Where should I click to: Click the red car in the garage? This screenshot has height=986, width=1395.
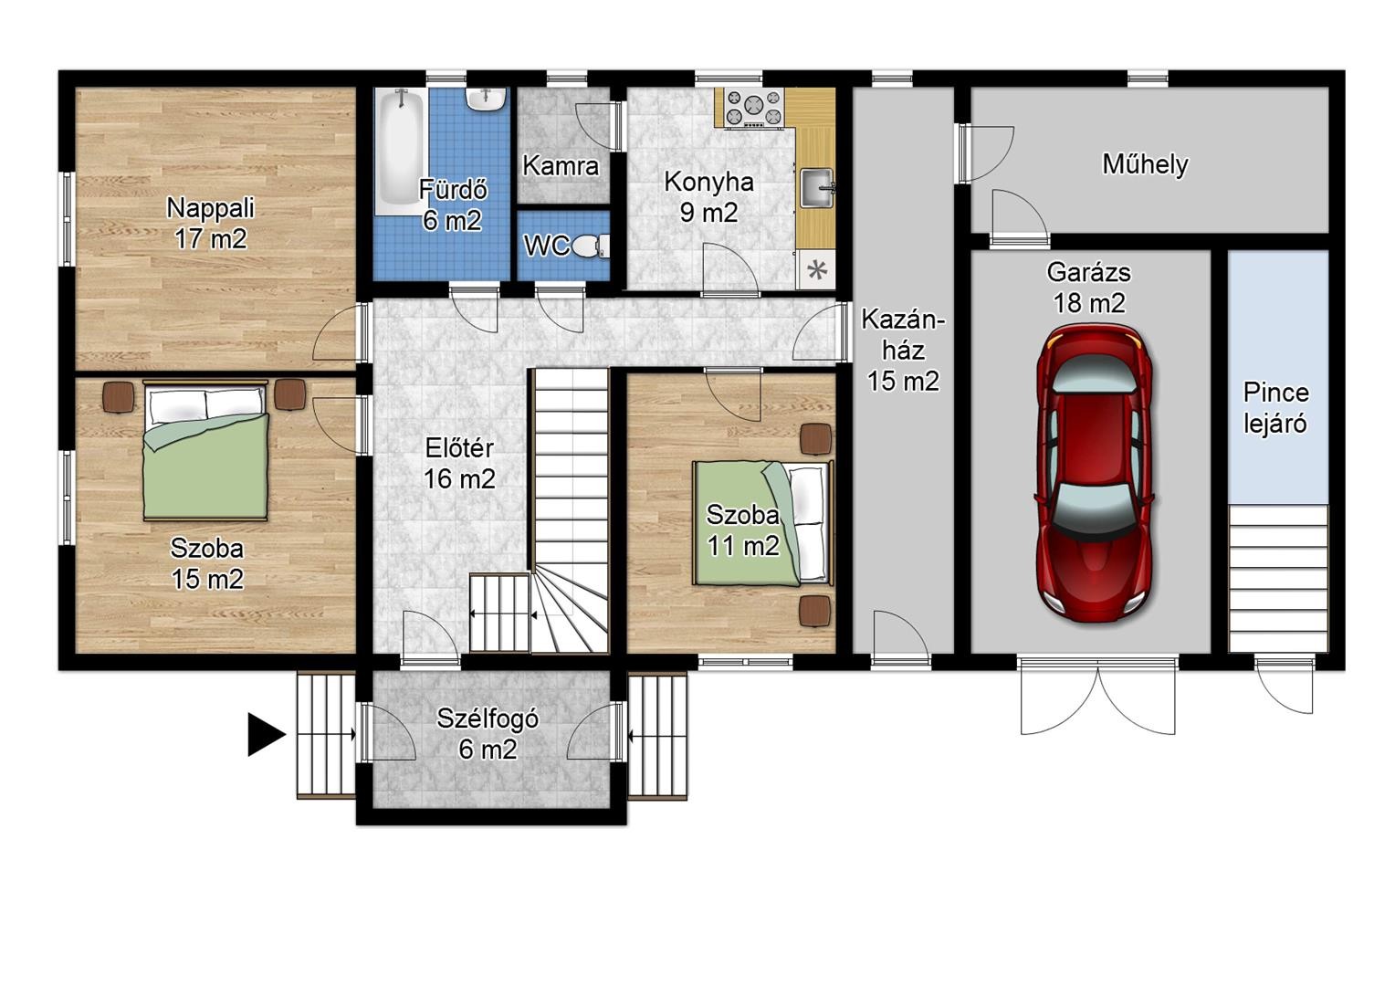click(x=1095, y=474)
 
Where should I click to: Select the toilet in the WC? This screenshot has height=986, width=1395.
click(x=590, y=246)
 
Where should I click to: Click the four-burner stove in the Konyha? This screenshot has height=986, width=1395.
click(x=754, y=108)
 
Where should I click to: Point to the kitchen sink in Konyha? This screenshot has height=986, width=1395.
click(x=817, y=187)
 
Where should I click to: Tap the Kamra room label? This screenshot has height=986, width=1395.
click(x=561, y=165)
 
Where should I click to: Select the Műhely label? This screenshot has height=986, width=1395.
click(x=1145, y=164)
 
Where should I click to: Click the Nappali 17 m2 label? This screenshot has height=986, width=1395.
click(x=211, y=223)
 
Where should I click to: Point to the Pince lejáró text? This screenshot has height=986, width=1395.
click(x=1274, y=408)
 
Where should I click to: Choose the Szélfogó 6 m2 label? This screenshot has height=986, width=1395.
click(x=488, y=734)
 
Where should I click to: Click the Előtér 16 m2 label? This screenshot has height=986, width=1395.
click(x=459, y=464)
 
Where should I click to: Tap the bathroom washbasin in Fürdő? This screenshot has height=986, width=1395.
click(x=486, y=100)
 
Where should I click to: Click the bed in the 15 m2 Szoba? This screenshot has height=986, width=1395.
click(x=205, y=450)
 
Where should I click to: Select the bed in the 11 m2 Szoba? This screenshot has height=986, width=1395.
click(x=763, y=523)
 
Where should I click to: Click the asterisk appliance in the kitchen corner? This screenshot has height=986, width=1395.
click(x=816, y=270)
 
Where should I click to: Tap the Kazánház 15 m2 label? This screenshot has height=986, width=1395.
click(x=903, y=351)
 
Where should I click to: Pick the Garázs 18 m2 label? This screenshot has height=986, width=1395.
click(x=1088, y=288)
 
